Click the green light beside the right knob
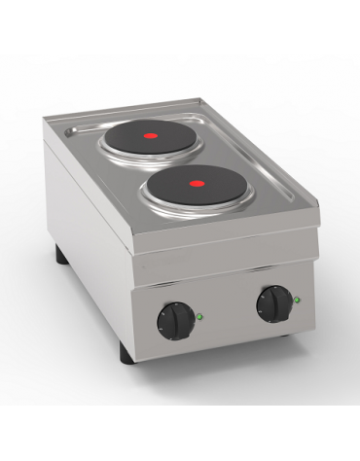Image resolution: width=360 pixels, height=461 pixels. pyautogui.click(x=297, y=300)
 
